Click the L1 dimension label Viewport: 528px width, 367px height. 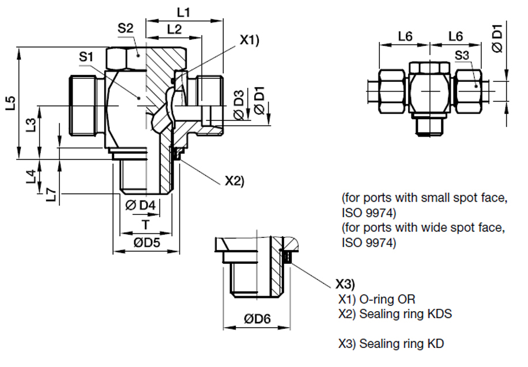click(184, 13)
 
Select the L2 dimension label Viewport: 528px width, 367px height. click(175, 29)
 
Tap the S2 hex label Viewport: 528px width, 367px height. click(125, 28)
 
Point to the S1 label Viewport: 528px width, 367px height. click(86, 56)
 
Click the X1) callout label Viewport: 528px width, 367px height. click(250, 40)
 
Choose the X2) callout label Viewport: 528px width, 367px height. click(235, 181)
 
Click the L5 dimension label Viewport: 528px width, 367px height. click(11, 103)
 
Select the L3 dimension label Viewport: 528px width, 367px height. click(31, 124)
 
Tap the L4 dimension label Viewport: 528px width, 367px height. click(31, 176)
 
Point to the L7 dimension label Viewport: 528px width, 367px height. click(51, 195)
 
